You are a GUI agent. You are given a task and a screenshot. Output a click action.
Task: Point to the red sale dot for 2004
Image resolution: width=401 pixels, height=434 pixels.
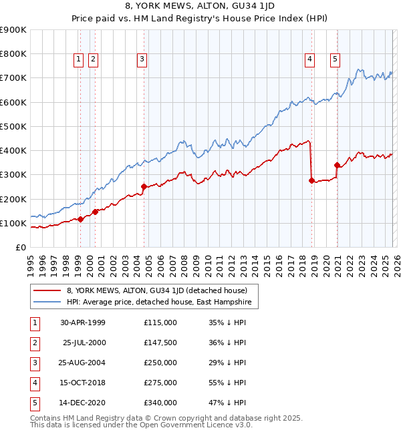[144, 187]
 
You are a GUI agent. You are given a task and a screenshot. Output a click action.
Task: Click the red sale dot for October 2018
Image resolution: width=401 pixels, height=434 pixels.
[311, 180]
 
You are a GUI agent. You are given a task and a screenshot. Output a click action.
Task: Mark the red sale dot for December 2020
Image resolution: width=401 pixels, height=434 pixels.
[337, 164]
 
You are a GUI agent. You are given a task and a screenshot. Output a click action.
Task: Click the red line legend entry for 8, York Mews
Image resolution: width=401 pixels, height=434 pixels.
[156, 290]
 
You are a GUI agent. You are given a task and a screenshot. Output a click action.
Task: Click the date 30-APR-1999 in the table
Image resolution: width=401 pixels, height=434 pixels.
[82, 322]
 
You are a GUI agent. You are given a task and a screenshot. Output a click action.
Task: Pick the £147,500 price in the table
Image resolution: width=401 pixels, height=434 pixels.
[160, 343]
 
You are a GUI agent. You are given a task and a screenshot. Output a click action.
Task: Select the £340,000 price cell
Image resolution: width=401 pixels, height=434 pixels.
[160, 403]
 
